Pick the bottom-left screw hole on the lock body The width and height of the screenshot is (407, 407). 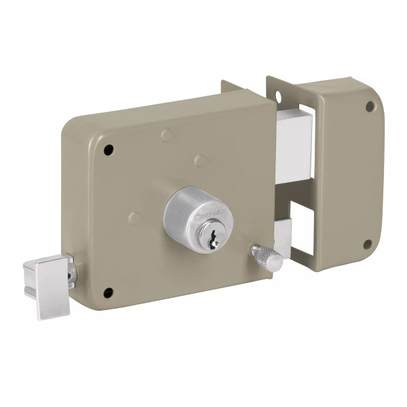pos(108,292)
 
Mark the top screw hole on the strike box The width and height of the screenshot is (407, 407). pos(370,106)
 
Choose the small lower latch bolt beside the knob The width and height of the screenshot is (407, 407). pos(284,237)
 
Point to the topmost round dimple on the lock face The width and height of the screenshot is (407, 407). pos(166,135)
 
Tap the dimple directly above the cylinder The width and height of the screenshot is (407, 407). pos(199,160)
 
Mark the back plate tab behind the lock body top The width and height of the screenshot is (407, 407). pos(235,87)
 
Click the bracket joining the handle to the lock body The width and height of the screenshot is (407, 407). pos(71,271)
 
